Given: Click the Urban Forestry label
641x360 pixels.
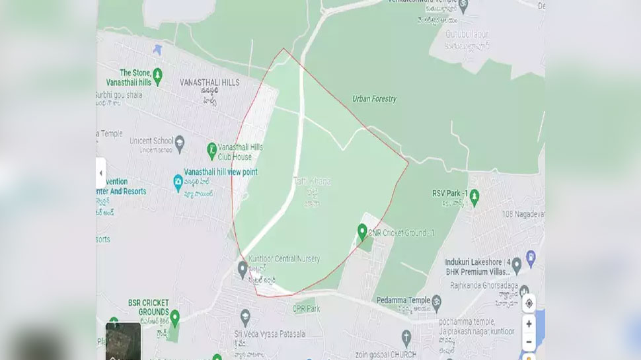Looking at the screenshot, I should [375, 99].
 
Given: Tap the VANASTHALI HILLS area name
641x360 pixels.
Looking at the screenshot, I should [209, 83].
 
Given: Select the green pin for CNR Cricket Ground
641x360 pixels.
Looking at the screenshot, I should [362, 232].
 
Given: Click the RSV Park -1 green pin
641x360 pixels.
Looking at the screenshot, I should [474, 196].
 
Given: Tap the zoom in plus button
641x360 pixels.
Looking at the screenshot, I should [529, 324].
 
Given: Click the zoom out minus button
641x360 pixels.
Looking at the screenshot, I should [529, 342].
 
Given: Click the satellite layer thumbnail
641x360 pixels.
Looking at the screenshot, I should [124, 341].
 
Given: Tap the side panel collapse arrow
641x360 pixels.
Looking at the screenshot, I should [101, 173].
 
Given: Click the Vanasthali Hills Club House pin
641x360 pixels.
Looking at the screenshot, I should [212, 151].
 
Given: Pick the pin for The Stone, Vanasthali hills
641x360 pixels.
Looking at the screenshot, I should [158, 77].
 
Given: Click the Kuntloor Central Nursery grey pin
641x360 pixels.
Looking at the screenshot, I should [243, 268].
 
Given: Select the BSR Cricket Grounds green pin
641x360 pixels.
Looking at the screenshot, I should [174, 318].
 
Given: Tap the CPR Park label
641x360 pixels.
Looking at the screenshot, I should [306, 308].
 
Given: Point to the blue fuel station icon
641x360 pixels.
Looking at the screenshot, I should [530, 256].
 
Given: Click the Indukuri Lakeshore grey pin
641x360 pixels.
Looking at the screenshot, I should [517, 264].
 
